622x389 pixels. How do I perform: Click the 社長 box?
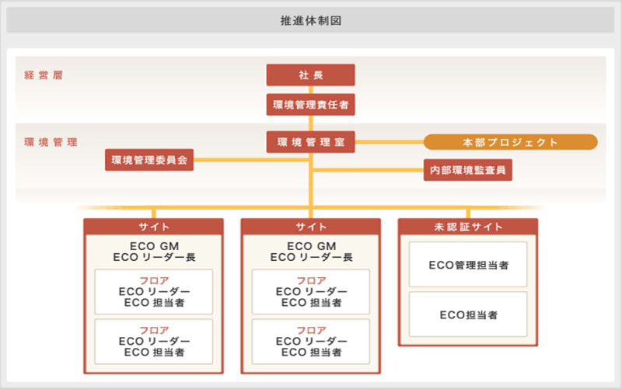[x=310, y=75]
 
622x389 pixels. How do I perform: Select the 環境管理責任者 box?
[x=310, y=105]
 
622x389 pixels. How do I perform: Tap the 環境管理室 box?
[x=310, y=142]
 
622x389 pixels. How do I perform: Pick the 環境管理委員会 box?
[x=149, y=160]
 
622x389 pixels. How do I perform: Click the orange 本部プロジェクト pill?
[x=511, y=142]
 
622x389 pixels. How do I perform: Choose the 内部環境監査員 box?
[x=468, y=170]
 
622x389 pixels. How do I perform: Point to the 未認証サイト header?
[x=468, y=227]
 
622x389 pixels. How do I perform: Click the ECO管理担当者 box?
[x=468, y=264]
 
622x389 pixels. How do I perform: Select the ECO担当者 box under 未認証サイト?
[x=468, y=314]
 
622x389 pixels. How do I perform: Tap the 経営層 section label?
[x=44, y=75]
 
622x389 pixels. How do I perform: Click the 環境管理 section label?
[x=51, y=142]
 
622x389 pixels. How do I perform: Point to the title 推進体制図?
[x=310, y=20]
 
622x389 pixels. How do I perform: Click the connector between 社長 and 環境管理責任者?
[x=310, y=90]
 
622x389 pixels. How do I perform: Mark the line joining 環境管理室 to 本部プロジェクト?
[x=390, y=142]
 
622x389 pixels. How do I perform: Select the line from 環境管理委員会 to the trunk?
[x=251, y=160]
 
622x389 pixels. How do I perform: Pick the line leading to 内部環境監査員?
[x=368, y=170]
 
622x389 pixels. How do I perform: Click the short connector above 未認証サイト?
[x=468, y=214]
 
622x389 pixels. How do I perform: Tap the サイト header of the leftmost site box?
[x=153, y=227]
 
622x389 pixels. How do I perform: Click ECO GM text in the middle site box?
[x=312, y=246]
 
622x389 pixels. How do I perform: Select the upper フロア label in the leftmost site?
[x=154, y=280]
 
